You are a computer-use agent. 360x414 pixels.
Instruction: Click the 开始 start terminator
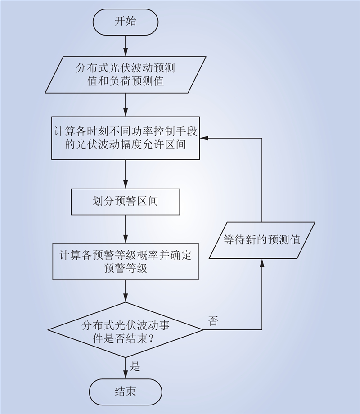click(126, 22)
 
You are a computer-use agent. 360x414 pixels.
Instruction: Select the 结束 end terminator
click(126, 392)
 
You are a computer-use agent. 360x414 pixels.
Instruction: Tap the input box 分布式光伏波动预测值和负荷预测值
click(126, 75)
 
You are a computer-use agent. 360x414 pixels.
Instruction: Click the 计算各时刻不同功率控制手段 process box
click(126, 138)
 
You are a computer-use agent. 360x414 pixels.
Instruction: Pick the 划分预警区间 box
click(126, 202)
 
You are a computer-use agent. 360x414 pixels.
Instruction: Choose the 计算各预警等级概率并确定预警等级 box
click(126, 261)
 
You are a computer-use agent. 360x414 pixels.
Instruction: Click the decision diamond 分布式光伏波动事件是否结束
click(126, 330)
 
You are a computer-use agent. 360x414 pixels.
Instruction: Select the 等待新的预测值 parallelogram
click(262, 240)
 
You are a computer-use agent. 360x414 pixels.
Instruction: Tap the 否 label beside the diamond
click(213, 321)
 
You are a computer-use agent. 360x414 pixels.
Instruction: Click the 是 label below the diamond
click(135, 366)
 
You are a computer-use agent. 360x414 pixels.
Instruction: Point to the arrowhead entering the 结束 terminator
click(126, 375)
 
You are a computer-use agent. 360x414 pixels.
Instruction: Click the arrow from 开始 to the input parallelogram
click(126, 46)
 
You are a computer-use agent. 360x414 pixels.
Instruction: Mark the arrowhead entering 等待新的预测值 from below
click(262, 263)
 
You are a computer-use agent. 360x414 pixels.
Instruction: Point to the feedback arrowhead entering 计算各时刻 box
click(204, 138)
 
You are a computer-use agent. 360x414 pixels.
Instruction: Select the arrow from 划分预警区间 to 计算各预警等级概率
click(126, 229)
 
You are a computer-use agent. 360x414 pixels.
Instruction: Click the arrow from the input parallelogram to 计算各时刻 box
click(126, 105)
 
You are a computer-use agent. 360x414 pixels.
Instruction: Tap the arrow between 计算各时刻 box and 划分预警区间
click(126, 174)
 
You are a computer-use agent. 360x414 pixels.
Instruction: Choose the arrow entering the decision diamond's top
click(126, 291)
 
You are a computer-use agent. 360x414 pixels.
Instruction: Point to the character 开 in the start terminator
click(120, 22)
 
